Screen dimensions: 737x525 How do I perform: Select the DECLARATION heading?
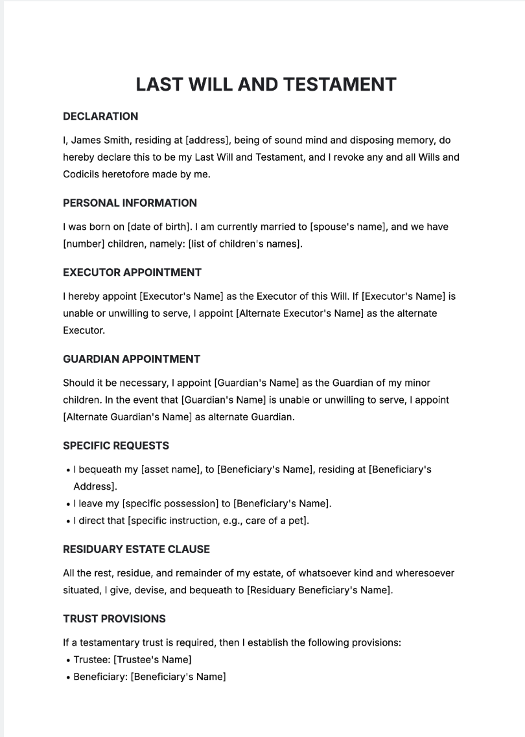click(x=100, y=117)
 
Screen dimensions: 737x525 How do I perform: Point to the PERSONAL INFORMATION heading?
click(x=130, y=203)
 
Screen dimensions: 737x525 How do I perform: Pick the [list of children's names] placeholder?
click(x=246, y=244)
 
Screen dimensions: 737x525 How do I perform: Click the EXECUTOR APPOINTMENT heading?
click(x=132, y=272)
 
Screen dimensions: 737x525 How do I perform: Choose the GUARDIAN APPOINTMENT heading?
click(x=132, y=359)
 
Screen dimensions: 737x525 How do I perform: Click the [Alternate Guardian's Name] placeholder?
click(x=128, y=417)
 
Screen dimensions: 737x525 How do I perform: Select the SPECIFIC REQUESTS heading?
click(x=116, y=446)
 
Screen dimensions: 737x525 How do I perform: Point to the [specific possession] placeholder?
click(x=170, y=503)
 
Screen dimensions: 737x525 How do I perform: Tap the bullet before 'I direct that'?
click(x=68, y=521)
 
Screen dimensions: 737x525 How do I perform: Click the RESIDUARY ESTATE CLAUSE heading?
click(x=136, y=549)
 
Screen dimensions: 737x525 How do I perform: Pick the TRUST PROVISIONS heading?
click(x=114, y=618)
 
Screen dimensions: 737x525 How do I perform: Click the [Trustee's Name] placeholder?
click(x=152, y=660)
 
